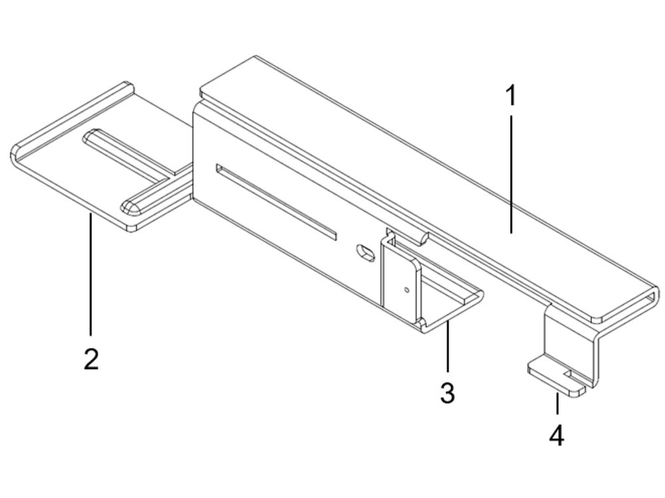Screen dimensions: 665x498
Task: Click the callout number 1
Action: coord(511,95)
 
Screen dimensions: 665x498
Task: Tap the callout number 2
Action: coord(90,359)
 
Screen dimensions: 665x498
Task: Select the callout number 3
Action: coord(448,393)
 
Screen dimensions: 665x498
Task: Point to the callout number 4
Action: coord(557,436)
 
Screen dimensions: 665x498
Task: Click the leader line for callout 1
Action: coord(511,174)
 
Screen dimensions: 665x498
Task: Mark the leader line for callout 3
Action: coord(448,349)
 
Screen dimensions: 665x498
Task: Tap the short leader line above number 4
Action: coord(557,403)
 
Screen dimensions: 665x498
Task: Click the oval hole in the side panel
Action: coord(366,252)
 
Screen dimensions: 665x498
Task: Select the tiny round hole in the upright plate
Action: coord(407,290)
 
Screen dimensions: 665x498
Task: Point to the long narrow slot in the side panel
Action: coord(276,203)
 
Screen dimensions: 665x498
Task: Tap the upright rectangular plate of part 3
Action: coord(401,280)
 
